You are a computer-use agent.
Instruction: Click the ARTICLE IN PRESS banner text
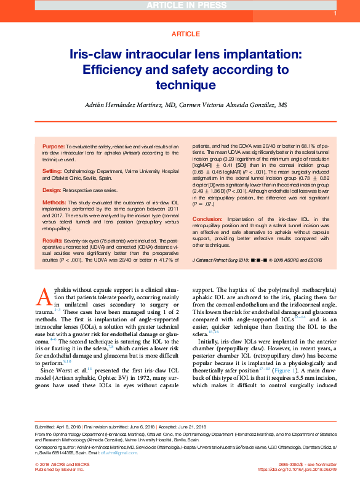(180, 6)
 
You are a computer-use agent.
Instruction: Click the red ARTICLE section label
(180, 34)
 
